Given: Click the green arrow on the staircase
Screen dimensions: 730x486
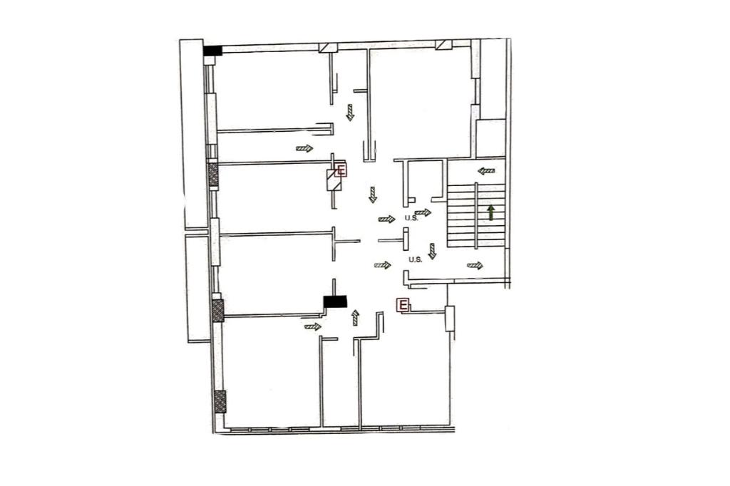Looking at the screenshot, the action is pos(490,213).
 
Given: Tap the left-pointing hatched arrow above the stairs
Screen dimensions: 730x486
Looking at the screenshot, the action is pos(486,171).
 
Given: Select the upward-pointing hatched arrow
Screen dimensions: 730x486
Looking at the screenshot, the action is pos(356,318).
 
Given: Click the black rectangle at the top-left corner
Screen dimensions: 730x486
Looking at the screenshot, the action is pos(212,51).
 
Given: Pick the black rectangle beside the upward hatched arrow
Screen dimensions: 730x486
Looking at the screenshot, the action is pos(335,301).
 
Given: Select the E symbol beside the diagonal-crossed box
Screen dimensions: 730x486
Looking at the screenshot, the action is pos(341,170).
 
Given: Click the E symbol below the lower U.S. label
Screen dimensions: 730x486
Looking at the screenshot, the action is pos(402,306).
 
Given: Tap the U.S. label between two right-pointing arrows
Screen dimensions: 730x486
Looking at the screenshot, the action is pos(411,217).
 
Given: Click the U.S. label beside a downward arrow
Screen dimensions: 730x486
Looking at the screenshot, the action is pos(416,260).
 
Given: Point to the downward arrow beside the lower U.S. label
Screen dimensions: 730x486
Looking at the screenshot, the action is pos(433,251).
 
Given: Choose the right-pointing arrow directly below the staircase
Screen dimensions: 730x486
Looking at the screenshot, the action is pos(475,265).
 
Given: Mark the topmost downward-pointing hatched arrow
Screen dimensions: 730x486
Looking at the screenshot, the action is pos(350,113).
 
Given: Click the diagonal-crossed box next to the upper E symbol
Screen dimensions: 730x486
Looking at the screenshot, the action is pos(334,181).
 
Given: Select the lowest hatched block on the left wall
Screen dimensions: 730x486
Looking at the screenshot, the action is pos(220,402).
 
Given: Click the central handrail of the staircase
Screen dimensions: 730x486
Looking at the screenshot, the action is pos(476,215).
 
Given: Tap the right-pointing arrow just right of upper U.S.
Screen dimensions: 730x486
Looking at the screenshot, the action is pos(423,213).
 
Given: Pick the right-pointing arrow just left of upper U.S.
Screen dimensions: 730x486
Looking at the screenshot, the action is pos(387,219).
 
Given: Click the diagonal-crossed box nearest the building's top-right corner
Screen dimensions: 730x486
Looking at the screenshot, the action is pos(443,45).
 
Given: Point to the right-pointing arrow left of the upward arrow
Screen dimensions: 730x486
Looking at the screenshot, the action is pos(313,326).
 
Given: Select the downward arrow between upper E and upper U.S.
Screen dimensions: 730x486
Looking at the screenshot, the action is pos(372,195).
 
